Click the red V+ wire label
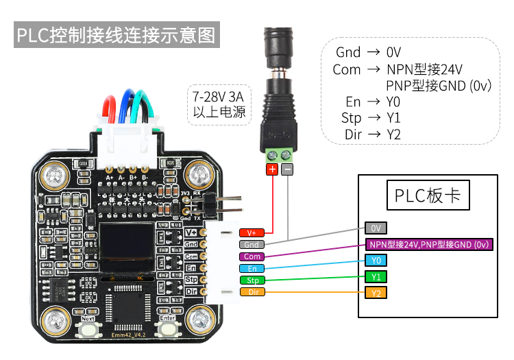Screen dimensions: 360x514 pos(252,233)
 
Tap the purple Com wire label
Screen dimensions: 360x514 pos(252,256)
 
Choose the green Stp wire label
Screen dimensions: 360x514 pos(252,280)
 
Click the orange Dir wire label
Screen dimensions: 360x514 pos(252,292)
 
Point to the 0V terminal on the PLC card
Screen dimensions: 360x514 pos(375,228)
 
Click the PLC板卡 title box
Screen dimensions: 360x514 pos(428,197)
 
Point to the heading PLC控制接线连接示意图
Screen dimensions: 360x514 pos(117,35)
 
